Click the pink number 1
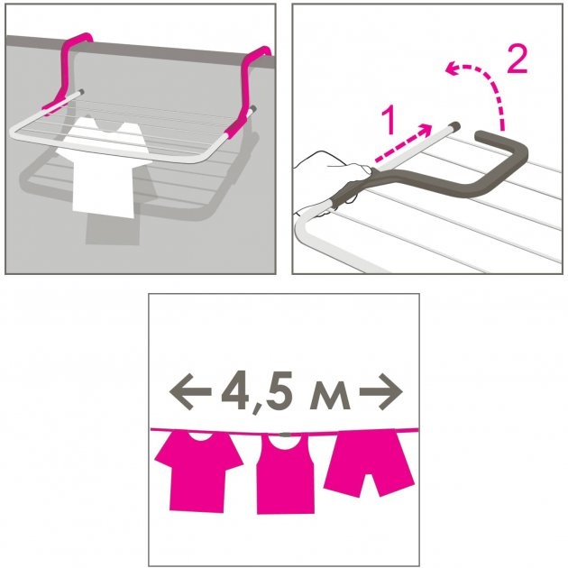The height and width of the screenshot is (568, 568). pyautogui.click(x=389, y=121)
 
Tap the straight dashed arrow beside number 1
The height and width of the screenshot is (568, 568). pyautogui.click(x=403, y=142)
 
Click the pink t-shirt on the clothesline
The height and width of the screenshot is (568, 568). pyautogui.click(x=199, y=471)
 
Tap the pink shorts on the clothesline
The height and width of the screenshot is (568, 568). pyautogui.click(x=369, y=463)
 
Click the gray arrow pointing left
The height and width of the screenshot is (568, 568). pyautogui.click(x=190, y=391)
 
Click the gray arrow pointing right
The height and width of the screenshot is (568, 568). pyautogui.click(x=381, y=391)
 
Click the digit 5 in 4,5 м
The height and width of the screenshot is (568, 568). pyautogui.click(x=279, y=391)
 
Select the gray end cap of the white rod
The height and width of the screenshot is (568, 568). pyautogui.click(x=455, y=127)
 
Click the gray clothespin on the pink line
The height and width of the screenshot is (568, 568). pyautogui.click(x=286, y=434)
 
